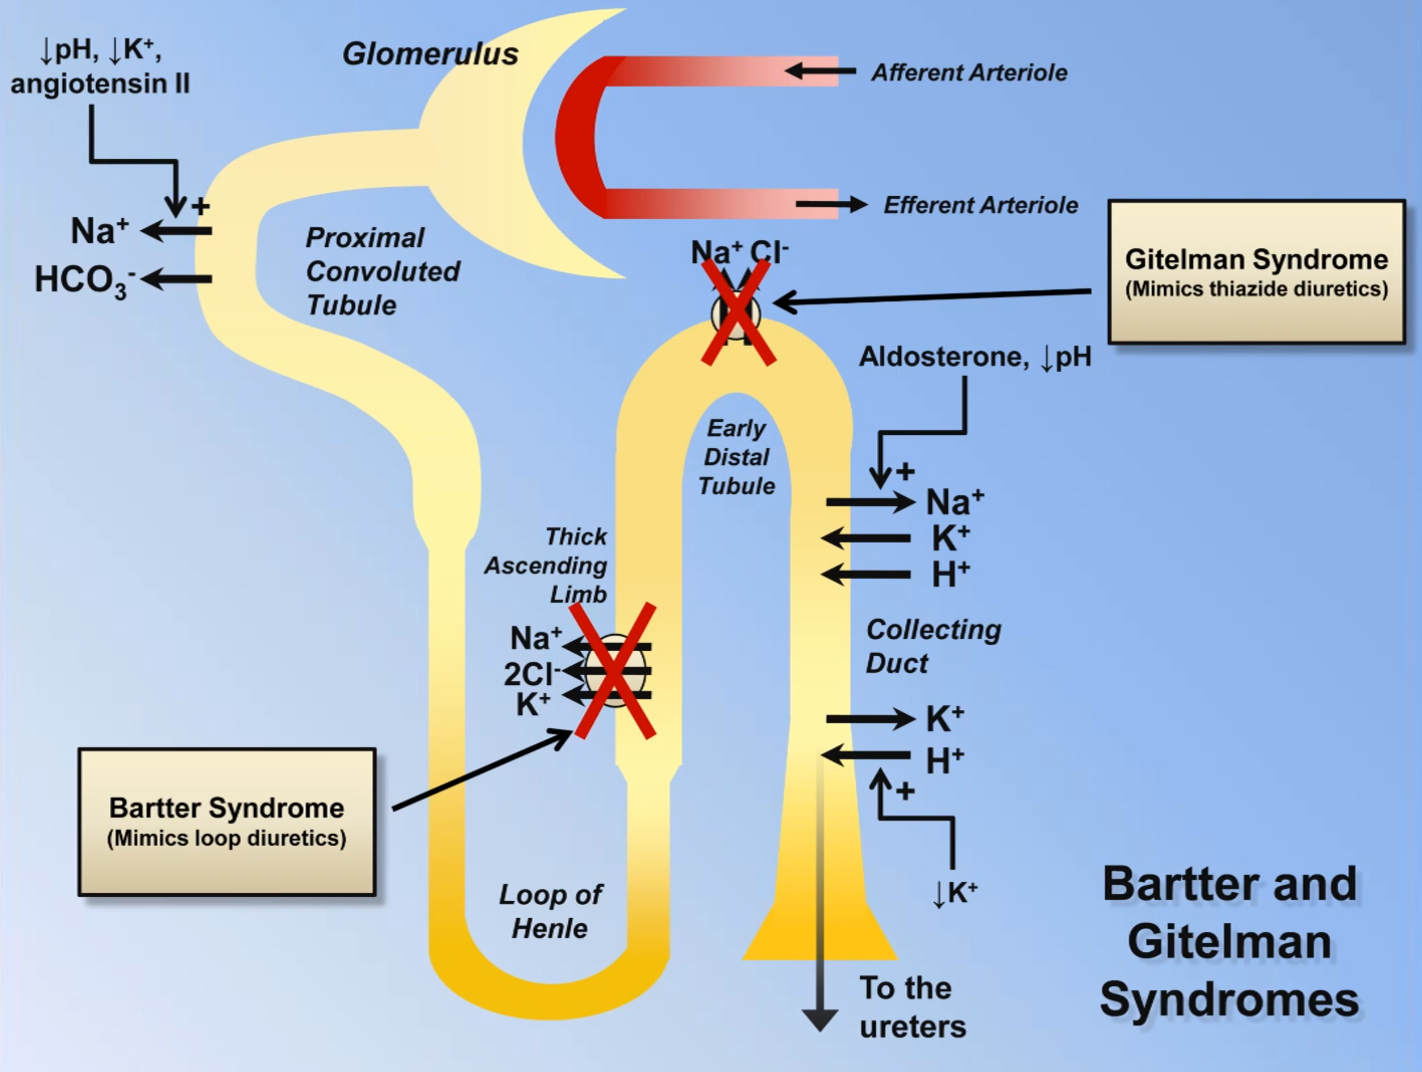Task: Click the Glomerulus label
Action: (x=430, y=54)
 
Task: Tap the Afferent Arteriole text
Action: (x=969, y=73)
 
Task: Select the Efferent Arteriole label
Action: (x=980, y=205)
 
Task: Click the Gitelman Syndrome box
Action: (x=1256, y=272)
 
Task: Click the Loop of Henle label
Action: (x=550, y=911)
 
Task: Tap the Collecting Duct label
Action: (x=932, y=646)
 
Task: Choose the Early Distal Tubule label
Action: (x=737, y=457)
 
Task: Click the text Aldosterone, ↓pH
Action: (x=974, y=357)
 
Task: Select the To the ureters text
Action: (x=912, y=1007)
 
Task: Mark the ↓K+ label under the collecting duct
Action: (x=954, y=893)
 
